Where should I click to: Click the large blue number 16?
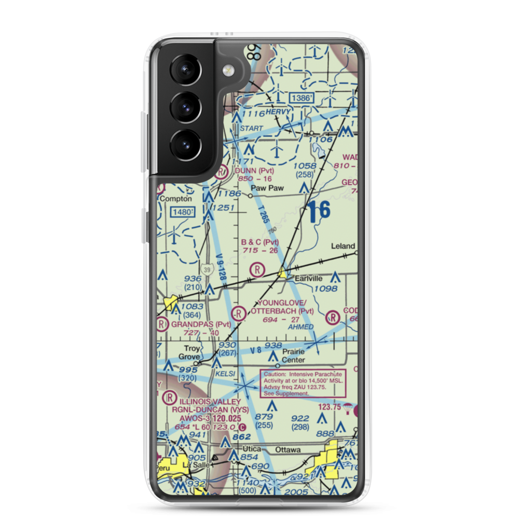click(x=318, y=211)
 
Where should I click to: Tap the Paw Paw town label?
click(x=267, y=188)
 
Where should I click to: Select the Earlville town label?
click(x=309, y=278)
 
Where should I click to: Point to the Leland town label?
click(x=344, y=246)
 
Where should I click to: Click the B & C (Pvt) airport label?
click(x=260, y=242)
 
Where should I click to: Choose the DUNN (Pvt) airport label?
click(x=254, y=170)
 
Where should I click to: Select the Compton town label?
click(x=176, y=198)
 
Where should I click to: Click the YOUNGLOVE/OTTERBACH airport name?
click(x=282, y=307)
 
